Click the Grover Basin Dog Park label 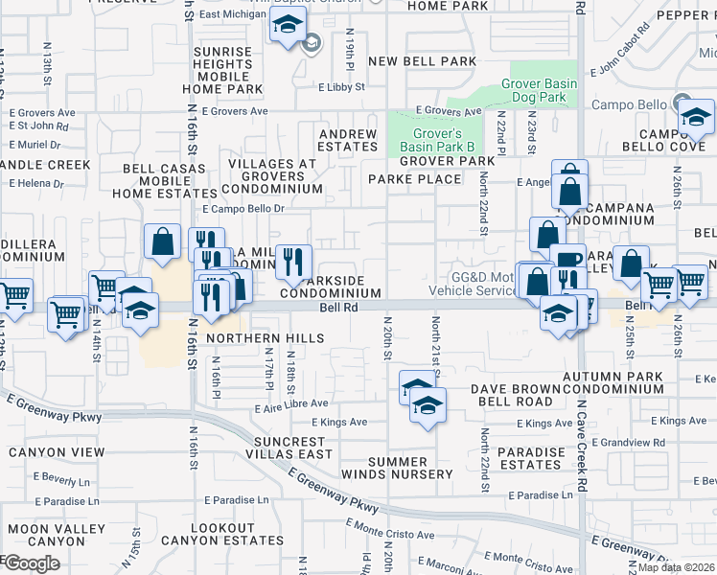pos(540,90)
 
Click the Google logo pos(32,563)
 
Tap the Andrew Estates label pos(348,140)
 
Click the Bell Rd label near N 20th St pos(337,308)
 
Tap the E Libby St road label pos(342,87)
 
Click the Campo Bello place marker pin pos(681,103)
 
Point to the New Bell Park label pos(422,61)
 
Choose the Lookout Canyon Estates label pos(237,535)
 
